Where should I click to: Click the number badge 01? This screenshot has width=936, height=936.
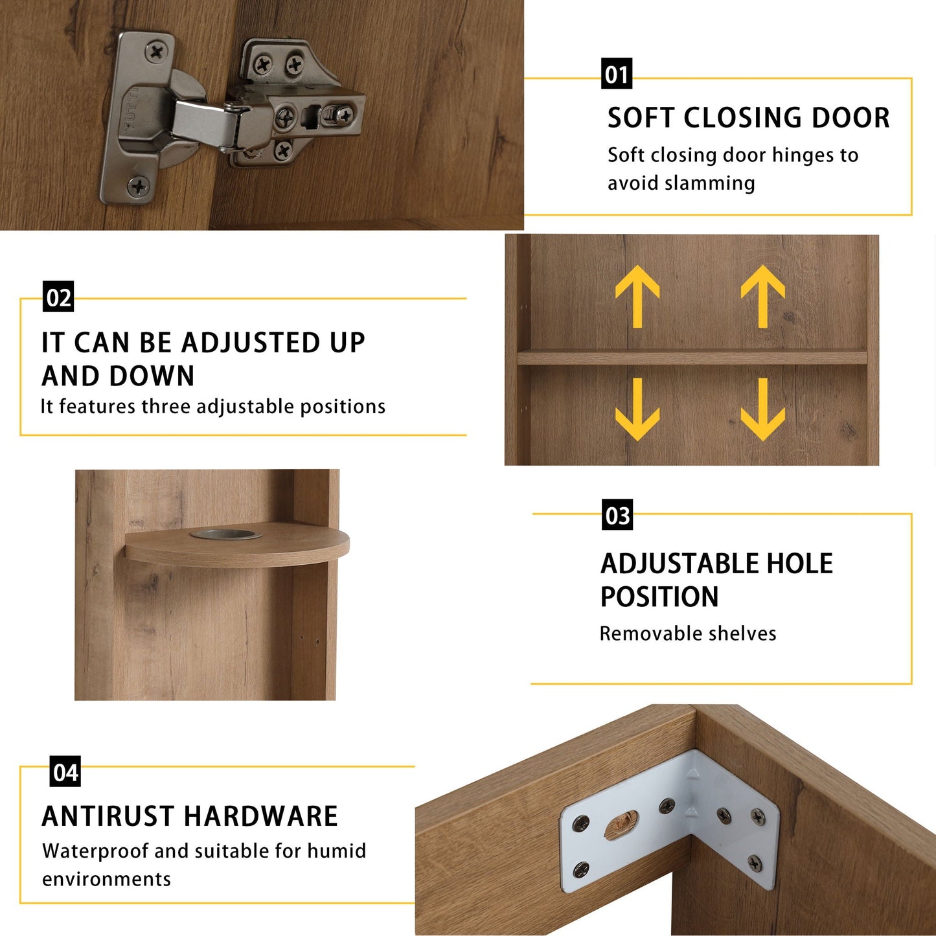point(617,73)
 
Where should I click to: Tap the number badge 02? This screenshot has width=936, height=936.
point(58,296)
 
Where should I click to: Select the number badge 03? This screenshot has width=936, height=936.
point(617,514)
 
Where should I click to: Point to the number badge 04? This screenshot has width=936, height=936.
point(65,771)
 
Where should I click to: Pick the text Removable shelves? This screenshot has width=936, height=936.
point(688,634)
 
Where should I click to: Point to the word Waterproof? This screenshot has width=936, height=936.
point(95,852)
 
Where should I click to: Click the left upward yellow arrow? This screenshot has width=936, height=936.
point(637,296)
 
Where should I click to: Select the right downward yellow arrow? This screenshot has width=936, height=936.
point(762,409)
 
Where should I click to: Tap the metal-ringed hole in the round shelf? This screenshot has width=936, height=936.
point(226,534)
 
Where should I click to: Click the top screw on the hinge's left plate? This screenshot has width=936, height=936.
point(156,51)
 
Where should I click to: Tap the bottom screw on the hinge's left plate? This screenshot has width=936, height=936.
point(138,186)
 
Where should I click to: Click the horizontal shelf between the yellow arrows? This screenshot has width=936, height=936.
point(692,357)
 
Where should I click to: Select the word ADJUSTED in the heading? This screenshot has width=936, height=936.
point(251,343)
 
